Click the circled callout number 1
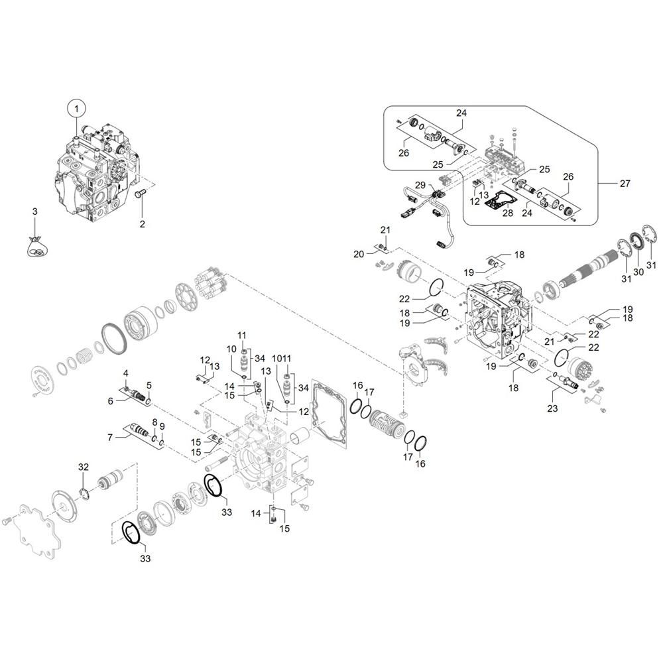pyautogui.click(x=76, y=109)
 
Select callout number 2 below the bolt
pyautogui.click(x=142, y=223)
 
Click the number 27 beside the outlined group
pyautogui.click(x=625, y=183)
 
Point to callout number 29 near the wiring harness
pyautogui.click(x=420, y=185)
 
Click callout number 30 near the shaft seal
pyautogui.click(x=638, y=271)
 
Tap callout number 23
pyautogui.click(x=552, y=408)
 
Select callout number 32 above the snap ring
pyautogui.click(x=84, y=467)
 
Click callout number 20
pyautogui.click(x=359, y=254)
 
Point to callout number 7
pyautogui.click(x=110, y=437)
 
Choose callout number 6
pyautogui.click(x=110, y=401)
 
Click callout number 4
pyautogui.click(x=125, y=373)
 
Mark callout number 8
pyautogui.click(x=154, y=422)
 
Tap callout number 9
pyautogui.click(x=162, y=426)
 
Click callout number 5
pyautogui.click(x=149, y=385)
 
